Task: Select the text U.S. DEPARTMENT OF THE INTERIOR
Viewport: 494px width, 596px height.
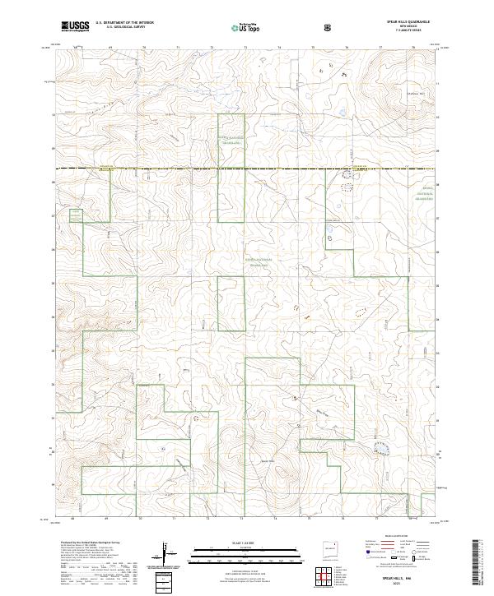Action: click(x=124, y=22)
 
